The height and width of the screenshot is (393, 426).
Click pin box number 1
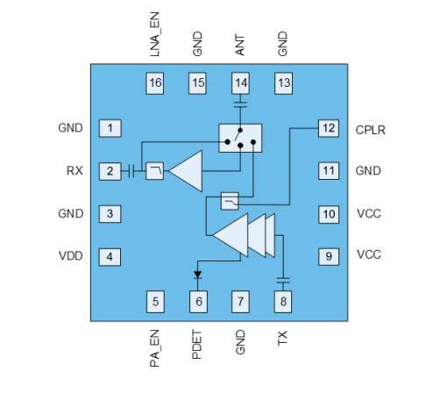(x=110, y=128)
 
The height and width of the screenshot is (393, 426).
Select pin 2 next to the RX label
(x=110, y=171)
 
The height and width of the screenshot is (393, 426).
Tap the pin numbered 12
(x=328, y=128)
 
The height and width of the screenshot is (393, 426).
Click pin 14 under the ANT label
(x=240, y=83)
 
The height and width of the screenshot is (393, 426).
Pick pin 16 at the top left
(x=155, y=83)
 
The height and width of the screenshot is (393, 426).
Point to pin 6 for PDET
(x=198, y=303)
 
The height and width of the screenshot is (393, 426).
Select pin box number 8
(x=283, y=303)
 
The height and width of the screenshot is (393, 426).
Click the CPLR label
(x=372, y=129)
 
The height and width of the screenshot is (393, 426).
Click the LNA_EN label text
(x=155, y=36)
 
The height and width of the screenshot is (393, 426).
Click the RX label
(x=73, y=171)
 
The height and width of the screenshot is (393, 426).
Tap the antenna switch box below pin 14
(x=240, y=137)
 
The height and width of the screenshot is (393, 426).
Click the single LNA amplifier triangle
(x=186, y=169)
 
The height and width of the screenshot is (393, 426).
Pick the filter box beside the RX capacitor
(x=153, y=170)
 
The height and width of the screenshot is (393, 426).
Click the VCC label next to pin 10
(x=368, y=213)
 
